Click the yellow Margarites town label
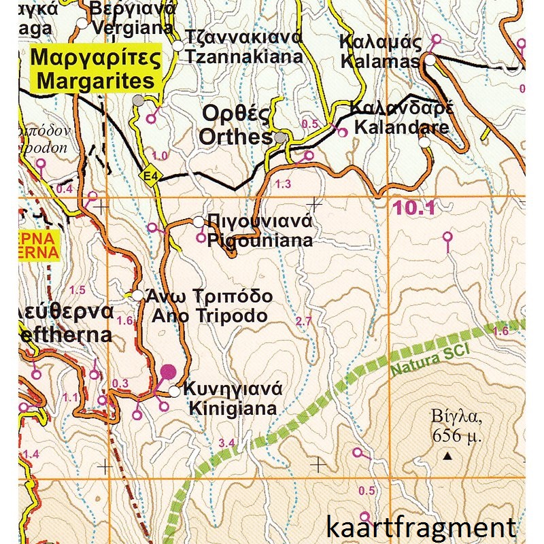[96, 69]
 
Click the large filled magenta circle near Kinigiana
[168, 371]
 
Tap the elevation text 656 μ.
[456, 435]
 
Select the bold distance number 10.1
[413, 209]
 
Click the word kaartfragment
[420, 527]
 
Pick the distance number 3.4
[226, 444]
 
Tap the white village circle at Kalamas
[430, 60]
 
